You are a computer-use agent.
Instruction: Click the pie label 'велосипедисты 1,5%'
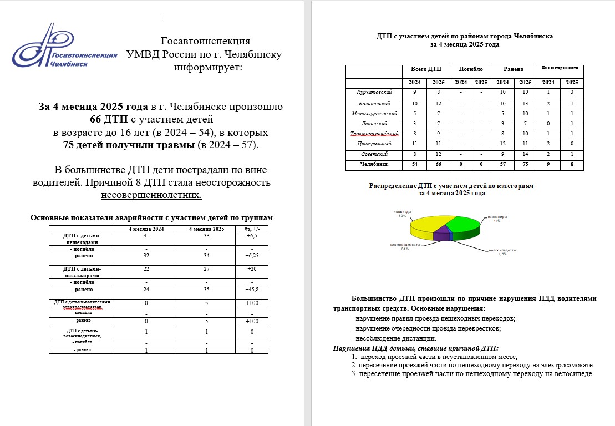point(499,252)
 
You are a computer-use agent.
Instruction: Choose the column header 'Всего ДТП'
point(425,69)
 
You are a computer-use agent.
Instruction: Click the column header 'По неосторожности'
point(560,68)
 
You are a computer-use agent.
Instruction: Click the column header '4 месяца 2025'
point(207,229)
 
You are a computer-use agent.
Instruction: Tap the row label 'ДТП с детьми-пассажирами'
point(82,272)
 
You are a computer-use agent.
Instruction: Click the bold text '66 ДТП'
point(109,119)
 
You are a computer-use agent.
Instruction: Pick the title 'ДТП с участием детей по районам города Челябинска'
point(464,35)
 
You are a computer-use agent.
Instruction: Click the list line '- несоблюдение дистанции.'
point(394,338)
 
